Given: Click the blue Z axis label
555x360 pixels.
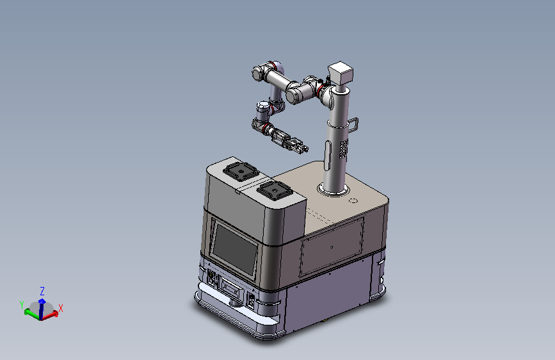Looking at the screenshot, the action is [42, 291].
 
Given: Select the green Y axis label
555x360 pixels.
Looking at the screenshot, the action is [22, 304].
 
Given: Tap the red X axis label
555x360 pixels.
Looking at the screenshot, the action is [61, 308].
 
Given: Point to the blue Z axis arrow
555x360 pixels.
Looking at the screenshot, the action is [42, 309].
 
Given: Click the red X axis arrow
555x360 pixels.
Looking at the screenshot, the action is [50, 315].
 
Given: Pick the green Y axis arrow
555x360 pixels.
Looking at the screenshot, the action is [32, 314].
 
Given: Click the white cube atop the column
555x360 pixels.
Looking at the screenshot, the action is [341, 73].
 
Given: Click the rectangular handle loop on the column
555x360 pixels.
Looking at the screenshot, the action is [353, 125].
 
